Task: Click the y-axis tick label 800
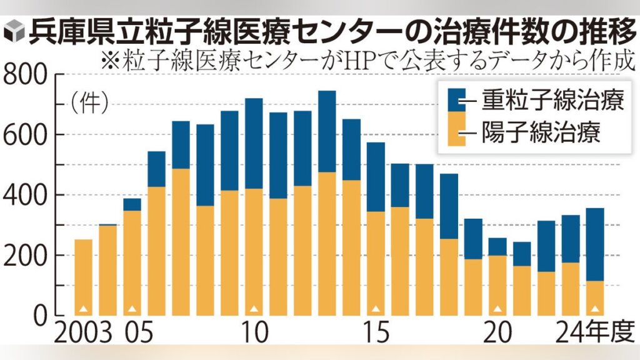tap(27, 76)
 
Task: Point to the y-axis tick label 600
tap(27, 135)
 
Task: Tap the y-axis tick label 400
tap(27, 196)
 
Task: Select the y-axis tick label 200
tap(27, 256)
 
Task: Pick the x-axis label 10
tap(253, 331)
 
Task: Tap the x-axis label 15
tap(376, 331)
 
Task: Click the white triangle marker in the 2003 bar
tap(83, 308)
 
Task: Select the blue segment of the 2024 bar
tap(595, 244)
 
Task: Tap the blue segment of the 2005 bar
tap(132, 205)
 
